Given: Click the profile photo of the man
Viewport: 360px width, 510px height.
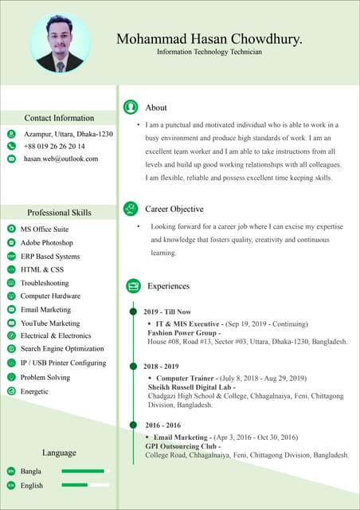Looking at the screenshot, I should [60, 43].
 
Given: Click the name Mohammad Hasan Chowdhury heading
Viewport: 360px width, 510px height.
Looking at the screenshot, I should [209, 38].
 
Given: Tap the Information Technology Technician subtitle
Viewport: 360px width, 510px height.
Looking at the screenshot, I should [209, 52].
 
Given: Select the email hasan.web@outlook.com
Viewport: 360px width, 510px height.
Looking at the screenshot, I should [61, 159].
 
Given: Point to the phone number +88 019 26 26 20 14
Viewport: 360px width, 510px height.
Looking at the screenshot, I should [54, 147].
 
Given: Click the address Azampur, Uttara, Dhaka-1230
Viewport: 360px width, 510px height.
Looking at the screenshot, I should [68, 135].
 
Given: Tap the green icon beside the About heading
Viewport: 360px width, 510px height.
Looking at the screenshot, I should [131, 107].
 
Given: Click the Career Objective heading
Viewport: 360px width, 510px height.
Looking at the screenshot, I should [174, 209].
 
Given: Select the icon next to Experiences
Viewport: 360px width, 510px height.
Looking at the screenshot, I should [132, 286].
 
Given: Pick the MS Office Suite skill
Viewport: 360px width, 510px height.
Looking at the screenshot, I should [45, 229].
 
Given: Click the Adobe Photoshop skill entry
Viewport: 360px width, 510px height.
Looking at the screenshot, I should [47, 242].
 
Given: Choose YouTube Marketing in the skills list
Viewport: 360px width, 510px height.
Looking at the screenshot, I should [50, 324].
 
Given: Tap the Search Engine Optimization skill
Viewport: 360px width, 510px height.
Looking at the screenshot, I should [62, 349].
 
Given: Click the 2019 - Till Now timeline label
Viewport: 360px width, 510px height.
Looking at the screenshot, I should [167, 312].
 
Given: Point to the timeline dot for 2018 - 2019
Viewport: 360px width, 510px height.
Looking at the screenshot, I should [133, 366].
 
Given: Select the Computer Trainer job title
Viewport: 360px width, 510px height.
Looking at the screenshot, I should [187, 378].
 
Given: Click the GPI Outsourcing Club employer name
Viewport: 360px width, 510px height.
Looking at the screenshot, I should [182, 446].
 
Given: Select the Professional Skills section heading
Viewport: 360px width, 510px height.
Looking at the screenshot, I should [59, 213].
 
